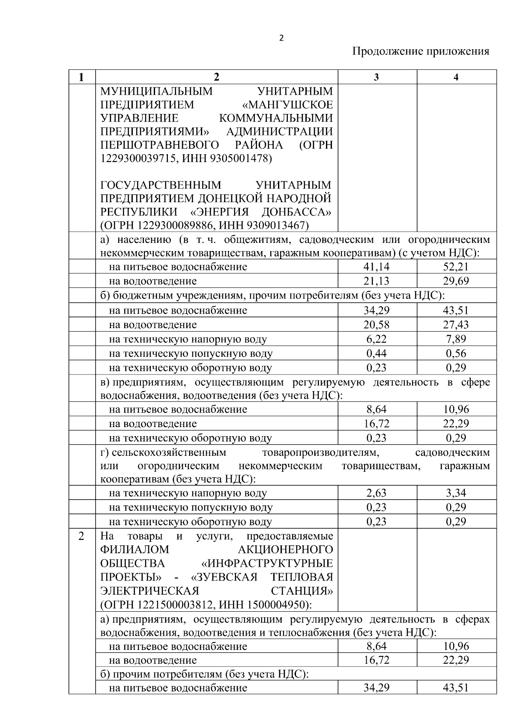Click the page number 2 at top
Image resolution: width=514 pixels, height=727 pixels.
click(x=281, y=38)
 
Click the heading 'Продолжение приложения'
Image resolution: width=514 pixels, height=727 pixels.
click(x=420, y=52)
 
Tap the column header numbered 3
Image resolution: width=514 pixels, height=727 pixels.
click(x=376, y=77)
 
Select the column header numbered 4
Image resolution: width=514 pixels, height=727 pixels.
click(x=456, y=77)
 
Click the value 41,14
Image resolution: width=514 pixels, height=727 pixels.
click(x=377, y=267)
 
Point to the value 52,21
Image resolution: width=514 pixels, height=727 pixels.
click(x=456, y=267)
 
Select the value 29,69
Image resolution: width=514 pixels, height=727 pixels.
click(x=456, y=281)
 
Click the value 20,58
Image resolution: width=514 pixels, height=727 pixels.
click(x=377, y=325)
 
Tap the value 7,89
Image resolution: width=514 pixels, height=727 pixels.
click(x=456, y=339)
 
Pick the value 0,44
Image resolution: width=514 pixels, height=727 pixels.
click(x=377, y=354)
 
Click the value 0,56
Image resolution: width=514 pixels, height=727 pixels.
click(x=456, y=354)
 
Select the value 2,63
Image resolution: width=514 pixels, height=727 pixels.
click(x=377, y=493)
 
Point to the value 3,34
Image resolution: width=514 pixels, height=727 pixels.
click(x=456, y=493)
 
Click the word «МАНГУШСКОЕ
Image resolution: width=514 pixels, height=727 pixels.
click(x=287, y=105)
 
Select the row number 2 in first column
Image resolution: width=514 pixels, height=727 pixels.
click(x=81, y=536)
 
